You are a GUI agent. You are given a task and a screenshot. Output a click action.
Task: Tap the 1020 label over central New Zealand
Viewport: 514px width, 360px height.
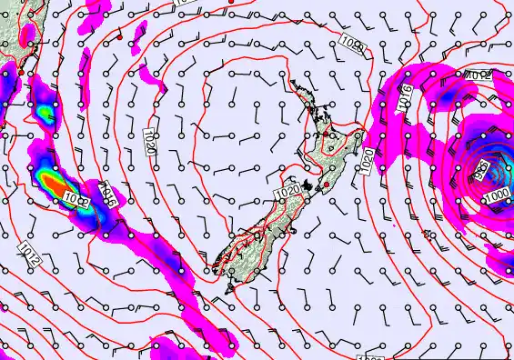tap(287, 193)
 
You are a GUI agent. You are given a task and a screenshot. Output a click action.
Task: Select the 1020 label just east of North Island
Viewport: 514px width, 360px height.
tap(367, 162)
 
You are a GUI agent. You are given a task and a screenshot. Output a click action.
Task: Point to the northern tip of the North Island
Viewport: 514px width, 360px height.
tap(294, 83)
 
